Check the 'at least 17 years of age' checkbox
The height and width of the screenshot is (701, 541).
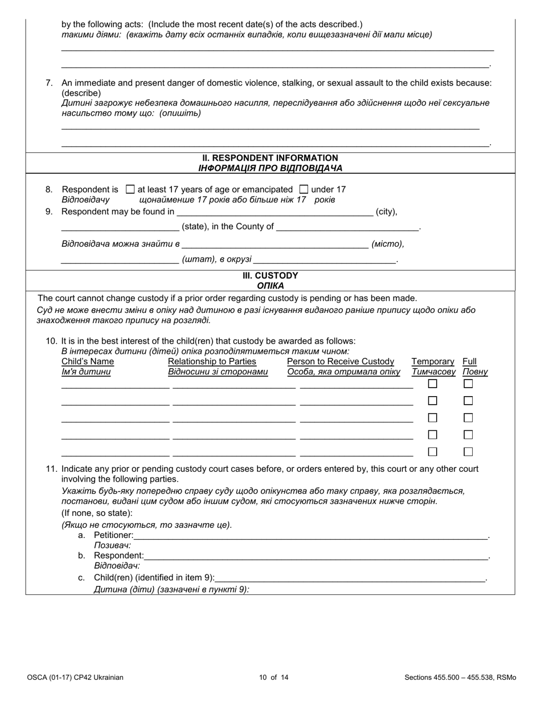130,189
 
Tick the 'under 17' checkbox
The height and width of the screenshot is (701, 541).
304,189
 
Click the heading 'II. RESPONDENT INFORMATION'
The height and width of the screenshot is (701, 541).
270,158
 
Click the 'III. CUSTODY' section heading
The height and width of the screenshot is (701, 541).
270,276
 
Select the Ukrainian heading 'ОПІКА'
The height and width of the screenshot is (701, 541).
270,286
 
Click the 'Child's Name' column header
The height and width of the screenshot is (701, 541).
88,361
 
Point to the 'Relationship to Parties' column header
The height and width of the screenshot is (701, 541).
212,361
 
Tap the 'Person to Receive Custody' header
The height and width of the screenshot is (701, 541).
341,361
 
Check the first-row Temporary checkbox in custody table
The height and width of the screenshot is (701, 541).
432,384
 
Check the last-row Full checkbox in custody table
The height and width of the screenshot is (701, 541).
468,452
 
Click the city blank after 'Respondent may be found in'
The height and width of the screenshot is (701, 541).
274,212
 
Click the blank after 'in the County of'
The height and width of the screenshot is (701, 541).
347,227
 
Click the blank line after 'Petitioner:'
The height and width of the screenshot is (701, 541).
310,535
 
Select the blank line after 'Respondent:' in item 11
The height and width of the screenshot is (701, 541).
316,556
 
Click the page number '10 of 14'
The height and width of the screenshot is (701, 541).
273,678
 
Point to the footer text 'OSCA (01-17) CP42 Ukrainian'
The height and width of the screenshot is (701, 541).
75,678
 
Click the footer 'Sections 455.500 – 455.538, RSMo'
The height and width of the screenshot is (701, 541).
460,678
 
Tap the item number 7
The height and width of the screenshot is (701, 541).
49,83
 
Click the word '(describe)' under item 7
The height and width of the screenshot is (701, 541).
81,93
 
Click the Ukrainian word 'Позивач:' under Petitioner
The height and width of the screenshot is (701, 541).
113,545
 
